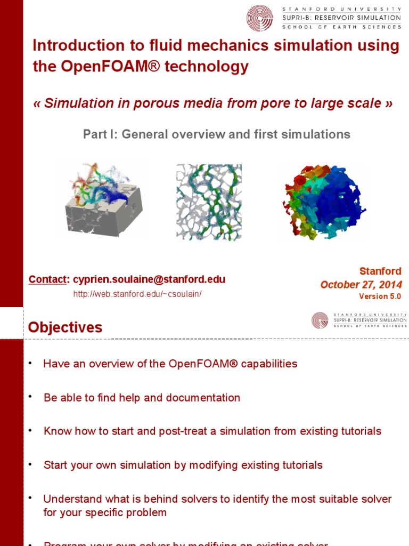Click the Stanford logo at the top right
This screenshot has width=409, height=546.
tap(259, 18)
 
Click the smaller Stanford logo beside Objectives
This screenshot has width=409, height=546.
tap(320, 320)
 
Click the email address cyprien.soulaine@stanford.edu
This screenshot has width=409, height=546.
tap(149, 279)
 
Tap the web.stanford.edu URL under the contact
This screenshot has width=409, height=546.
tap(137, 294)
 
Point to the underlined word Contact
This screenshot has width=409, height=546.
tap(48, 279)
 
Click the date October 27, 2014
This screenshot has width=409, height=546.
tap(361, 285)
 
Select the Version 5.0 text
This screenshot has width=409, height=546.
tap(380, 296)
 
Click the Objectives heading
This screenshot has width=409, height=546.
tap(65, 327)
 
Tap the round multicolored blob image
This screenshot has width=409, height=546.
tap(324, 202)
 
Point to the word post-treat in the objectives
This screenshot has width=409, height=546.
tap(186, 431)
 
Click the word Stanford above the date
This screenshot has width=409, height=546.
tap(380, 271)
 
